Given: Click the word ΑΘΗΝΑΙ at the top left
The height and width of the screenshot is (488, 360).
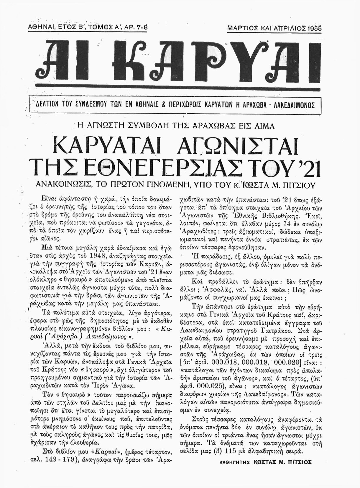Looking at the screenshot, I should coord(40,27).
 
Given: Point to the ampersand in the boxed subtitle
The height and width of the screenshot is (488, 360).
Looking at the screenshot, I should coord(170,105).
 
